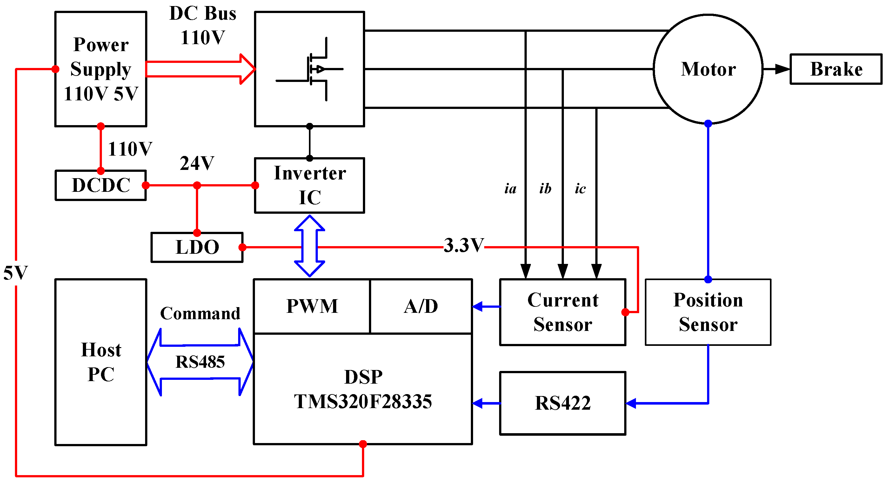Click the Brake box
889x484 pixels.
(836, 69)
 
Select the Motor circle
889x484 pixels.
(708, 69)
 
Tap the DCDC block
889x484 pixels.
(101, 185)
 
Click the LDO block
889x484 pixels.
(197, 247)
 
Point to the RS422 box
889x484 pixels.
(563, 403)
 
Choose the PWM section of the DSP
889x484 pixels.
(312, 306)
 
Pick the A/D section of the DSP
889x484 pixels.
(421, 306)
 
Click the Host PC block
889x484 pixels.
(101, 362)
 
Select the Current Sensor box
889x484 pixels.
(563, 312)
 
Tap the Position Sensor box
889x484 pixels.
(708, 312)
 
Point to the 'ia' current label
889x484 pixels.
(511, 189)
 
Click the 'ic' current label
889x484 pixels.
(580, 189)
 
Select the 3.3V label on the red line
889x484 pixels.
(464, 245)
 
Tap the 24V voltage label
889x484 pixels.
(197, 163)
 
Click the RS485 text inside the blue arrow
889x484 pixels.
(200, 362)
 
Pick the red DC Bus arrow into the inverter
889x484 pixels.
(200, 69)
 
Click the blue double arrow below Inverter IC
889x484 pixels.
(310, 246)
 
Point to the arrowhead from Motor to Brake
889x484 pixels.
(782, 69)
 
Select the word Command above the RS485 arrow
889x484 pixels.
(200, 313)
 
